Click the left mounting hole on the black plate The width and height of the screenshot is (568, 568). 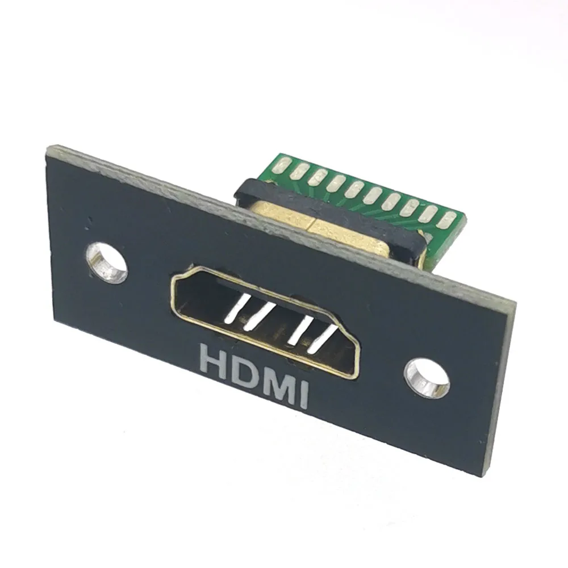(107, 262)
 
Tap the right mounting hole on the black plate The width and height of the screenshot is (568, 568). (426, 377)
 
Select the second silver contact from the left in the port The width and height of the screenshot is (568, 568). (258, 318)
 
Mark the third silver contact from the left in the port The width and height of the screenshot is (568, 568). (298, 331)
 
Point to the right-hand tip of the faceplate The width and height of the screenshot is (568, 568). (514, 307)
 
